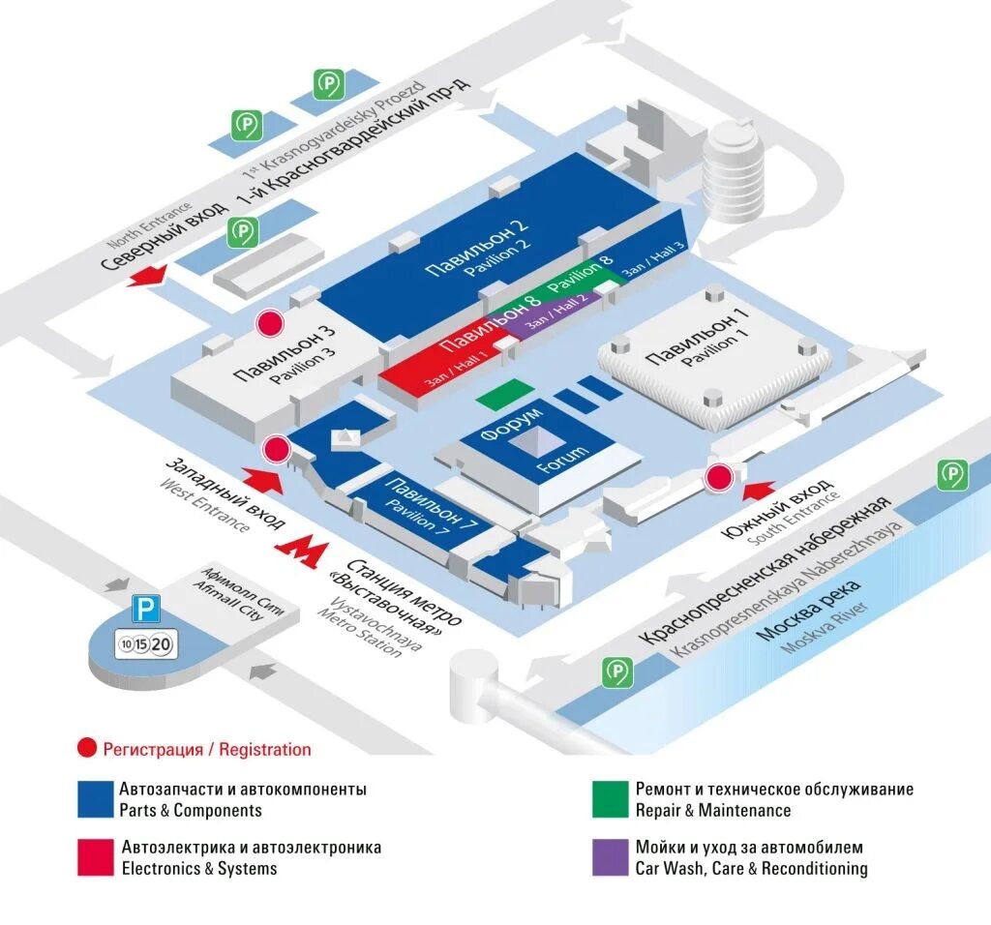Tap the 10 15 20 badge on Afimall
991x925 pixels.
tap(145, 642)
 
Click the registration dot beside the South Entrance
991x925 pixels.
tap(718, 478)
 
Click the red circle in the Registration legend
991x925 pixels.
tap(87, 748)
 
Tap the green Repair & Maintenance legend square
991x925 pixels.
tap(611, 799)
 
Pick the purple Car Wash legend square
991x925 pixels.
tap(611, 857)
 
